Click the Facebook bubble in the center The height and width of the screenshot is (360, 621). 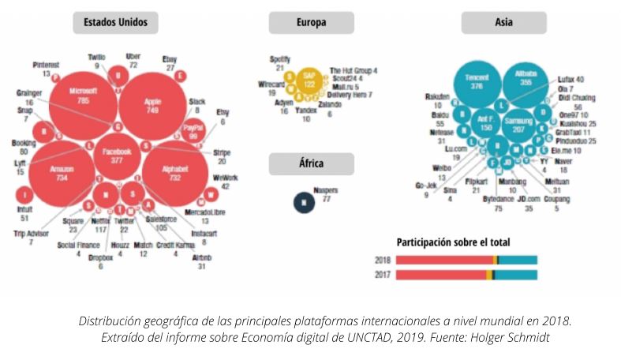click(118, 152)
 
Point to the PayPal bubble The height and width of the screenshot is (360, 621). click(193, 130)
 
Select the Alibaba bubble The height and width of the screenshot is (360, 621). click(526, 81)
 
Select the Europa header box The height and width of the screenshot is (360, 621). click(311, 23)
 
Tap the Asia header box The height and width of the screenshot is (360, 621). click(504, 23)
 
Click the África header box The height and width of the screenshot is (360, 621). click(311, 164)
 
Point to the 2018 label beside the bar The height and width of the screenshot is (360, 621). click(383, 259)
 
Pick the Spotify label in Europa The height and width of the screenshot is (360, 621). click(280, 58)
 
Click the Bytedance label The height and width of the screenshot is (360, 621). click(499, 200)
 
